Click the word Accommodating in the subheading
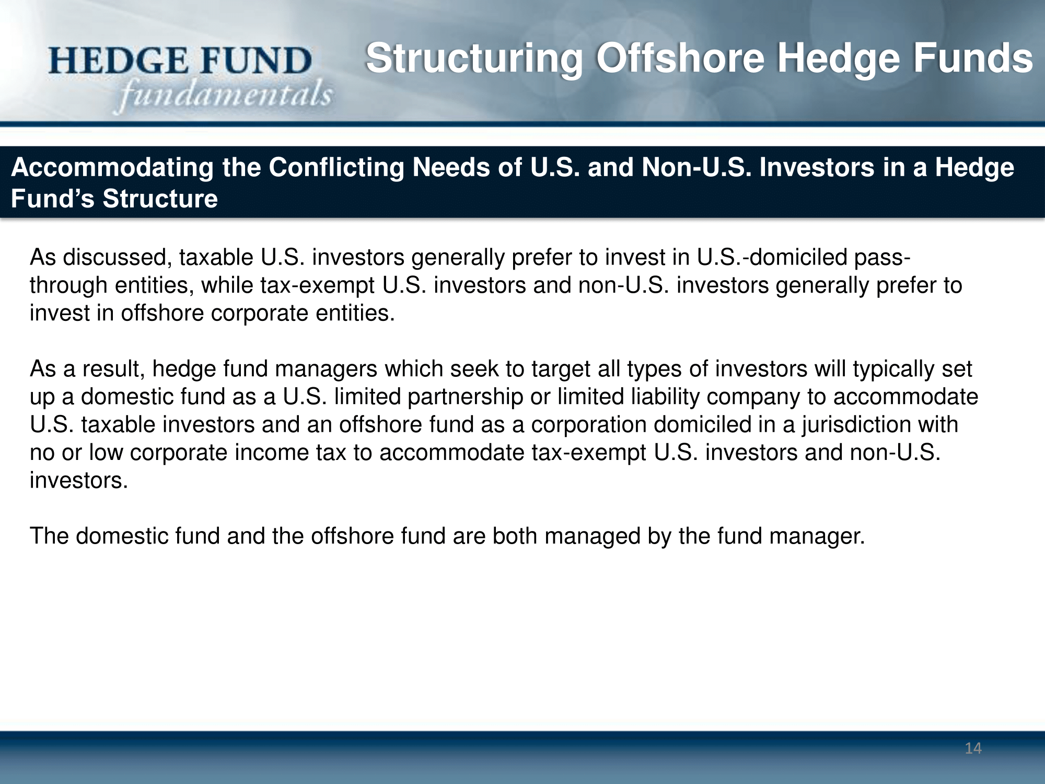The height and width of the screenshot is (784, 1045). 112,168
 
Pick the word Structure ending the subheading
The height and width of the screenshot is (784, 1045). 160,199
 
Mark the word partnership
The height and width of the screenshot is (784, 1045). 466,397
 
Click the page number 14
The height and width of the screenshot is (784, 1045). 973,748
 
